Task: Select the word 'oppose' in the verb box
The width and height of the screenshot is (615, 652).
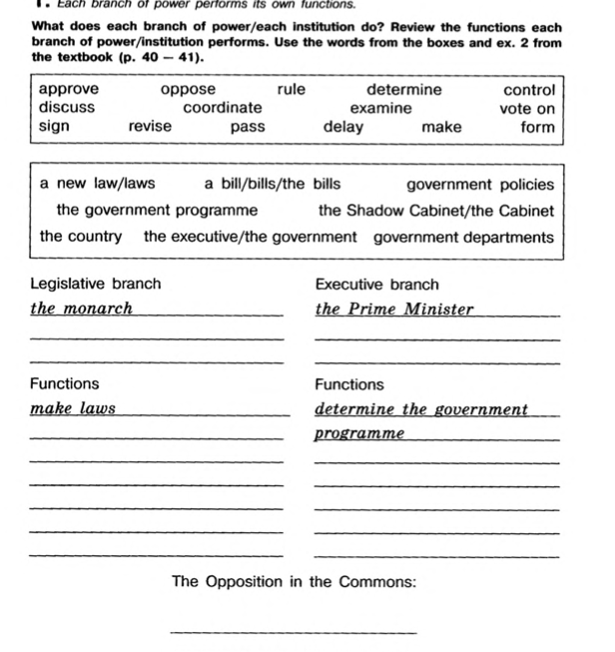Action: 188,89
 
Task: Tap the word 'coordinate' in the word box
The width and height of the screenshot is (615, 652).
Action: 223,107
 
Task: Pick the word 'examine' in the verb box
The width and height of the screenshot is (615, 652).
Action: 380,107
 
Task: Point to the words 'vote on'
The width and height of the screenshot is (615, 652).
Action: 527,108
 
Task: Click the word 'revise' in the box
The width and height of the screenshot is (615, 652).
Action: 150,126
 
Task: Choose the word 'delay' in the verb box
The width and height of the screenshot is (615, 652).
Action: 343,127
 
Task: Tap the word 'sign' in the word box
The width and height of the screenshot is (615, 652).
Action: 55,127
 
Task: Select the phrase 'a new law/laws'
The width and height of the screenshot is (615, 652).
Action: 98,184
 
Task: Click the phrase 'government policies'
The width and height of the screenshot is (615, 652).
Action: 480,185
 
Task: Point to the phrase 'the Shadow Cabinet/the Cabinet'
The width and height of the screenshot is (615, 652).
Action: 435,211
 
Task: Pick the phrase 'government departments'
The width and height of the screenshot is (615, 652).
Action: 463,238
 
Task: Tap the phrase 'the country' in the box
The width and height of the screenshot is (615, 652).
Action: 81,237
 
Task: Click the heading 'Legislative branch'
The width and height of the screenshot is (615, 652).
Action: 95,285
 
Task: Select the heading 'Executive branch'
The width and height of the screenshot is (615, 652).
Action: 376,285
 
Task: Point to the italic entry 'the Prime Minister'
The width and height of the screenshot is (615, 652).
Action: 394,309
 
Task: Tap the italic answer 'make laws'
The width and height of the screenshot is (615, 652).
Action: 73,408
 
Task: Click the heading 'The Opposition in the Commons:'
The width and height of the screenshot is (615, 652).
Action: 294,581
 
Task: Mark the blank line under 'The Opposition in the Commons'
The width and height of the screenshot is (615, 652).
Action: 294,630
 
